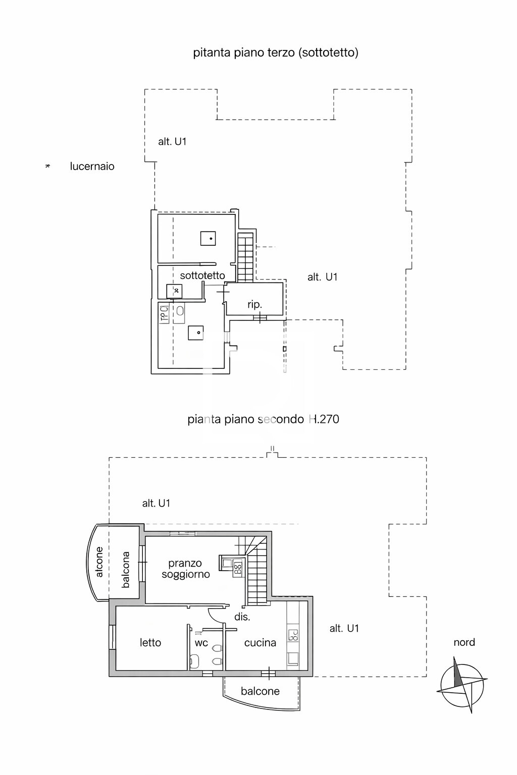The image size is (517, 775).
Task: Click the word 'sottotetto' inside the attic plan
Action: click(202, 275)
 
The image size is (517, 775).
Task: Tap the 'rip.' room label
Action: click(254, 304)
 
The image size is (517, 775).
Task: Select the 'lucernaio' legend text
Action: click(92, 167)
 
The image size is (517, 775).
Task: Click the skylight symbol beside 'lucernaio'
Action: click(48, 166)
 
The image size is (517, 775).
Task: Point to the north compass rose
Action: click(462, 685)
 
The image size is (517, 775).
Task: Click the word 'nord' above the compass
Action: click(464, 642)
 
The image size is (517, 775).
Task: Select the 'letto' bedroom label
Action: click(150, 643)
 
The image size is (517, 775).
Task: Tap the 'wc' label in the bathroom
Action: click(201, 643)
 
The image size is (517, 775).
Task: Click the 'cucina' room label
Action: click(260, 643)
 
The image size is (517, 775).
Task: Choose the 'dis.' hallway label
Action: click(242, 617)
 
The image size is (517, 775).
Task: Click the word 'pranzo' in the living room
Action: click(185, 563)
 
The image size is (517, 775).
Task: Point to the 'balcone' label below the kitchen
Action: click(260, 691)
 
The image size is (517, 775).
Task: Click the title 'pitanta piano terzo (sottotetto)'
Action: click(276, 52)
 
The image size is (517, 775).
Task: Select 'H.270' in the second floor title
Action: click(324, 419)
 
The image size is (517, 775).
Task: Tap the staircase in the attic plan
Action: click(245, 257)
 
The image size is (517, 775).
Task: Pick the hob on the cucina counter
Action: click(293, 635)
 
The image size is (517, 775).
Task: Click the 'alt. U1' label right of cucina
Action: click(344, 628)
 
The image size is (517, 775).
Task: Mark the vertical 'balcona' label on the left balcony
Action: click(126, 570)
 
